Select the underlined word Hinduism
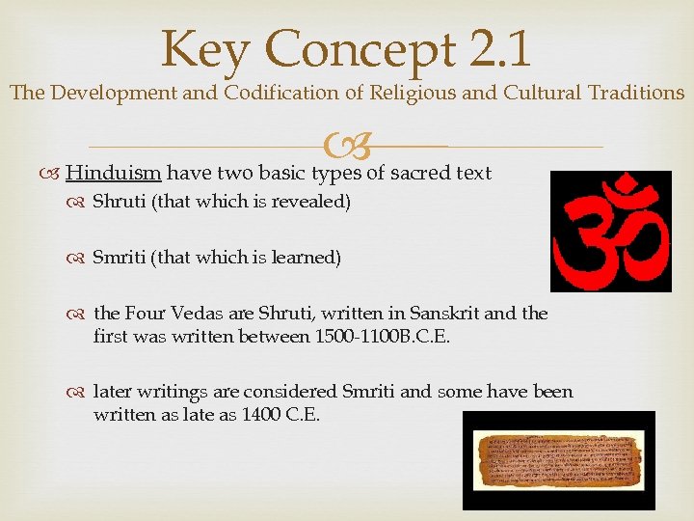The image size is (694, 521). point(114,174)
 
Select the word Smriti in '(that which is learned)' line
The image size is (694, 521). point(121,258)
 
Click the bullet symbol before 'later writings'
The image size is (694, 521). point(81,393)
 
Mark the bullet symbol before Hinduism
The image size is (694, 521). point(52,175)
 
